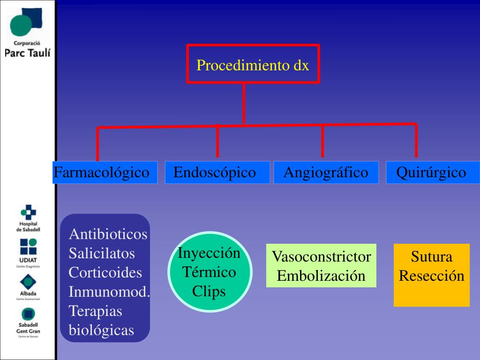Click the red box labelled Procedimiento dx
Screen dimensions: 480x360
click(253, 64)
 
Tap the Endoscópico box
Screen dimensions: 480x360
click(217, 172)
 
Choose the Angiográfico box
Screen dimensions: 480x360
click(326, 172)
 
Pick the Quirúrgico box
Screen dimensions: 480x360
click(432, 172)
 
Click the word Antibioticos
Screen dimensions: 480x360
click(108, 234)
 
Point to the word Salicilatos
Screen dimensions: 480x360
click(102, 254)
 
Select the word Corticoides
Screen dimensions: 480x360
click(105, 272)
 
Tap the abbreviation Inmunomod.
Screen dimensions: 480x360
click(109, 292)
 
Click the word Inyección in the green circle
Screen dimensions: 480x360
click(209, 253)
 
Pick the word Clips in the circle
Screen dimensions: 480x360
click(209, 292)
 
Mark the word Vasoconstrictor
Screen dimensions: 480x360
click(321, 257)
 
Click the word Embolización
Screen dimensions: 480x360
click(321, 276)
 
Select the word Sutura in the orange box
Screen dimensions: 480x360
click(431, 257)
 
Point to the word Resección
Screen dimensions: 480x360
click(431, 276)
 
